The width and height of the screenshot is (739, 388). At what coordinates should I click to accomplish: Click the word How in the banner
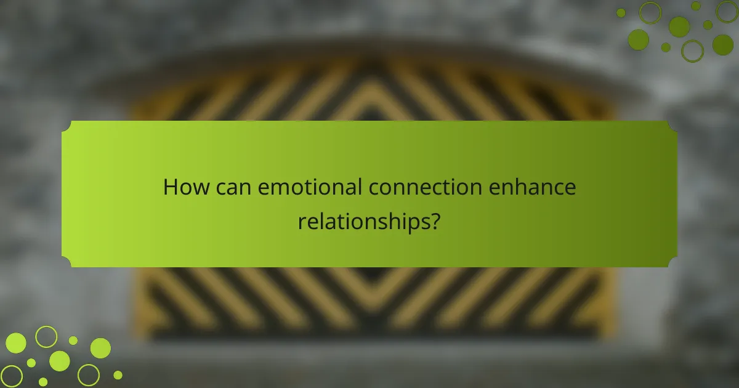click(184, 187)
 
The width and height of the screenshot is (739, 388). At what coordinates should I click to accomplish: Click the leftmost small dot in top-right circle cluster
click(621, 12)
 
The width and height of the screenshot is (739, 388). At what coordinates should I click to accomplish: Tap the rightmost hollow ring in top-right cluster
click(728, 11)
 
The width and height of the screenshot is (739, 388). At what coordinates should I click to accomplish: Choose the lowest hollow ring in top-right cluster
click(692, 51)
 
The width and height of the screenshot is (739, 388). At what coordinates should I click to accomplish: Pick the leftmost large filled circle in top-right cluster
click(639, 39)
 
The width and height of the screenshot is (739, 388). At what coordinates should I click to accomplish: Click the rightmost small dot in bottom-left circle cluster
click(118, 374)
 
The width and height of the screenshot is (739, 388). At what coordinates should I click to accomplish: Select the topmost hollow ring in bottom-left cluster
click(46, 336)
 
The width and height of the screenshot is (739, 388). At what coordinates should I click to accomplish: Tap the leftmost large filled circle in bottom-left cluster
click(16, 343)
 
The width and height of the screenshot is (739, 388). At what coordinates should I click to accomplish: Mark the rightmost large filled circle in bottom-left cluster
click(100, 348)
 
